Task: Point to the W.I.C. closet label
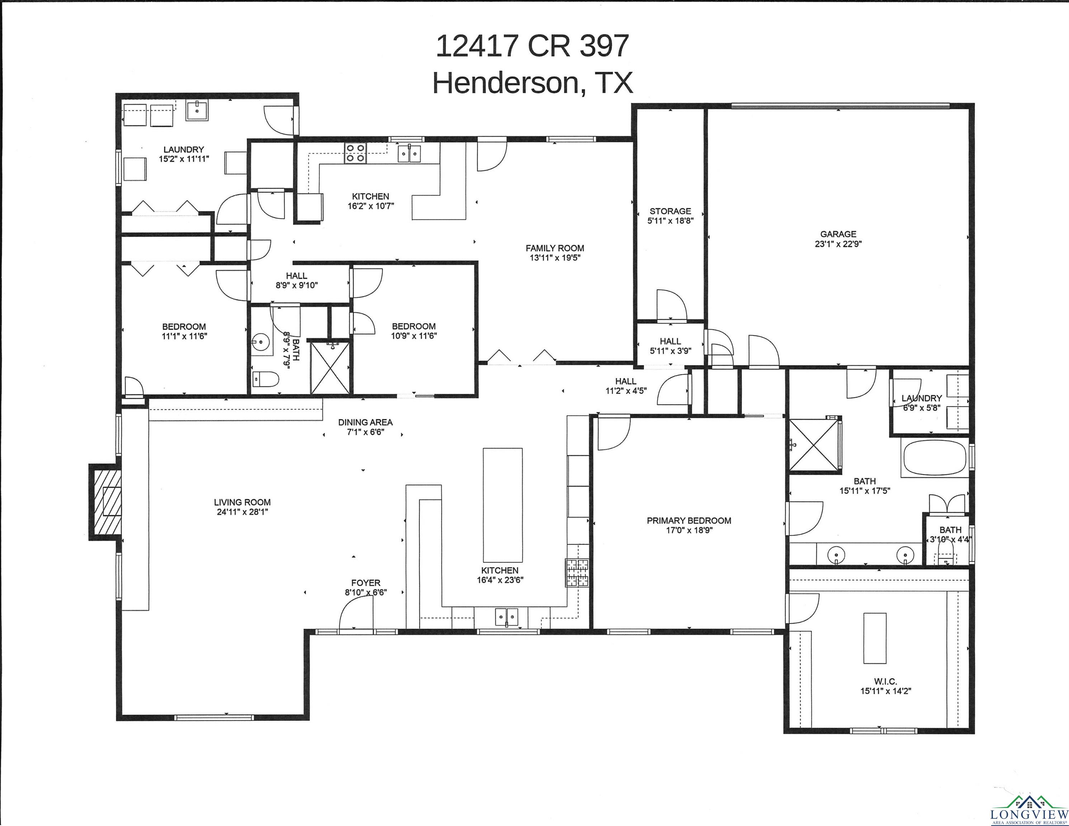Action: click(x=885, y=682)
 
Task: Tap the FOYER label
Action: click(x=366, y=583)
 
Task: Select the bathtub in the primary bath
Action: click(x=935, y=457)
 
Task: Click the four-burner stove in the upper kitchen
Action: click(x=355, y=153)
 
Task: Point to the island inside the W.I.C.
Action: click(x=874, y=638)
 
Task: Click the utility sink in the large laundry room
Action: click(x=197, y=110)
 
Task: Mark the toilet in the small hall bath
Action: click(x=266, y=379)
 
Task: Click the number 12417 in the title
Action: click(x=477, y=46)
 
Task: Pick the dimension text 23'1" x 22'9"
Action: click(x=838, y=244)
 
